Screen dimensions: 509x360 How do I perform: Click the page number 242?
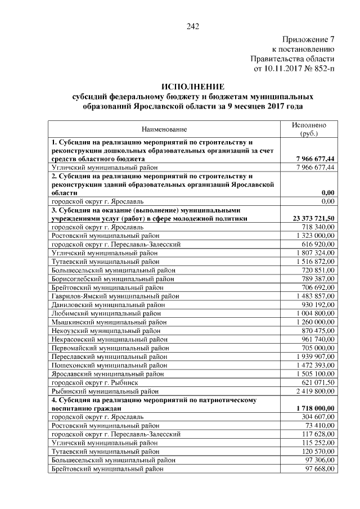pos(193,26)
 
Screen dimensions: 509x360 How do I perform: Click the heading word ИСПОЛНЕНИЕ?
pos(193,87)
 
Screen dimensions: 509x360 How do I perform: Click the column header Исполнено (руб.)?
pos(309,129)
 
